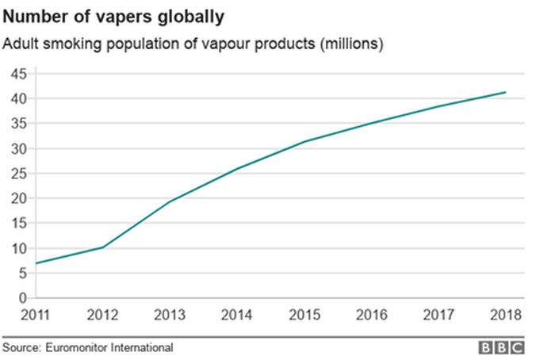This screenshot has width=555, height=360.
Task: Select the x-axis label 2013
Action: [170, 314]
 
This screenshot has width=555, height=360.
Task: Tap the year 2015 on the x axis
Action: [304, 314]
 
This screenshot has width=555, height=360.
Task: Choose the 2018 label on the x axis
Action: [504, 314]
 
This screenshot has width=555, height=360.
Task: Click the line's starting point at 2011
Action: [36, 263]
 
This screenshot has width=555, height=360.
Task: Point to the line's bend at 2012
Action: [103, 247]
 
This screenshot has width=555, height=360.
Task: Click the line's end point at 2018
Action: [505, 93]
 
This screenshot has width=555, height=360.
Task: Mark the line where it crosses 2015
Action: [304, 142]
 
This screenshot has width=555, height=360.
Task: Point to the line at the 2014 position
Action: [237, 169]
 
